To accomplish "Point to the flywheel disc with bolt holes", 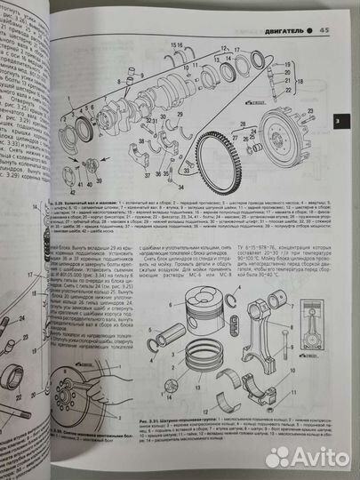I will click(292, 146).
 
